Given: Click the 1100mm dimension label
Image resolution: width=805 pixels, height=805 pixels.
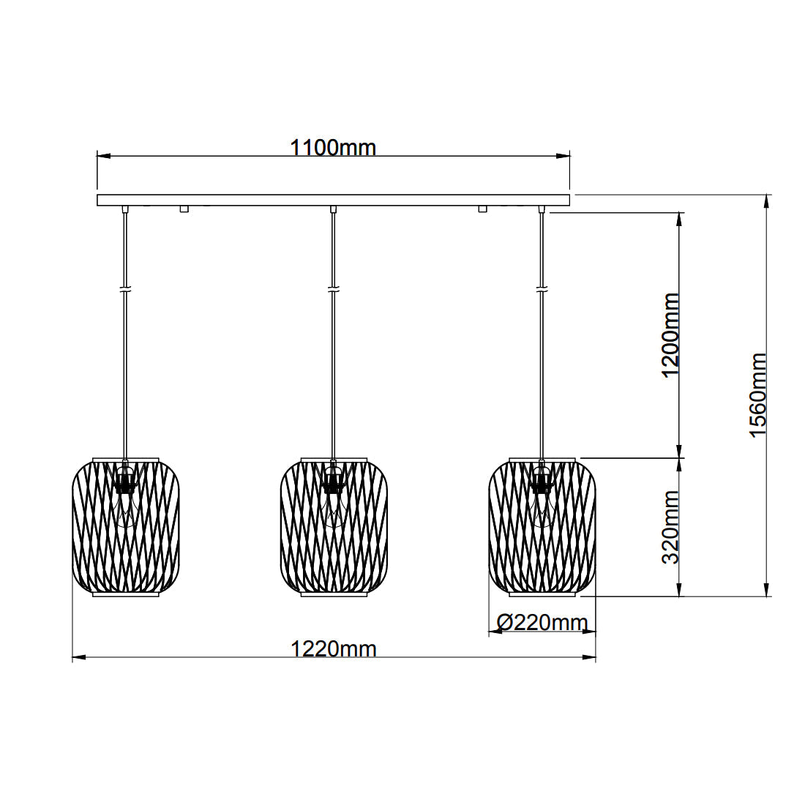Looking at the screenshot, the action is pos(333,147).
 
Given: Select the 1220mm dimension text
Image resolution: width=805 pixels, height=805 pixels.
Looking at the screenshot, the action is pos(334,649).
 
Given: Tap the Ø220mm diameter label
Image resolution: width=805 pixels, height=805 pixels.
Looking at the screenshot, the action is pos(542,623).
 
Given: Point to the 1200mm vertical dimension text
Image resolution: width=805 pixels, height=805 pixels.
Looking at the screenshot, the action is pos(670,335).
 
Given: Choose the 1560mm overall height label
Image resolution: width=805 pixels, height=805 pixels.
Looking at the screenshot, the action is pos(757,395).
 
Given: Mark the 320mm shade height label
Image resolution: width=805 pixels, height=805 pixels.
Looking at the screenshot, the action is pos(670,527).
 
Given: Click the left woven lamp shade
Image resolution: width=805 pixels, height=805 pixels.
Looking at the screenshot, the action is pos(126,527).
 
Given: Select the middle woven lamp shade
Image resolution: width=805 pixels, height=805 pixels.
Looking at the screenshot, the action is pos(334,527).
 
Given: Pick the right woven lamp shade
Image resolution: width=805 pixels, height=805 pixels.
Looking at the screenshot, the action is pos(542,527).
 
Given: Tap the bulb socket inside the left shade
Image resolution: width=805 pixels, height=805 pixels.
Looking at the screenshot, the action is pos(124,481).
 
